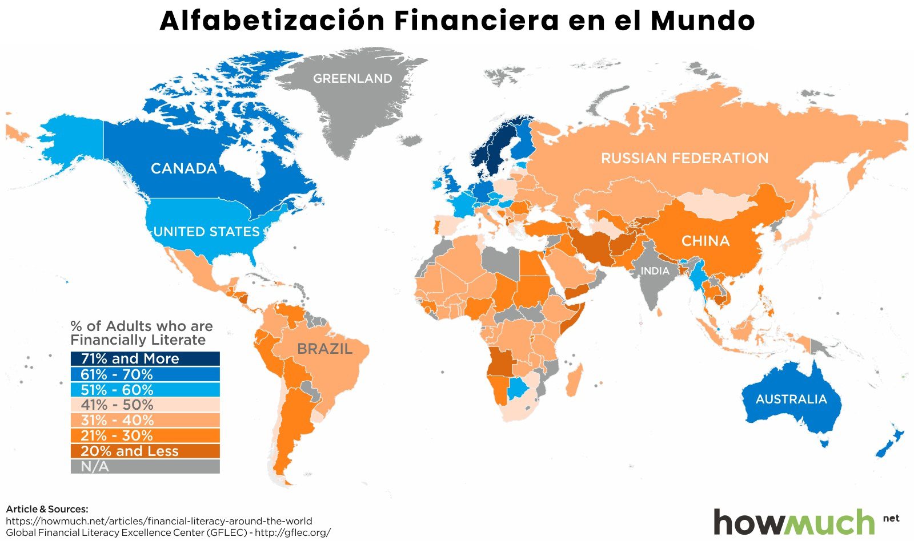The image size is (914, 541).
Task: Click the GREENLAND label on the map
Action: (x=352, y=79)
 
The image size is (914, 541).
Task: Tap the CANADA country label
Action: (x=183, y=168)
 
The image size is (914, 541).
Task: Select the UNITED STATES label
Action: (x=207, y=232)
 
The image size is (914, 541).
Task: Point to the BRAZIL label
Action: (x=324, y=349)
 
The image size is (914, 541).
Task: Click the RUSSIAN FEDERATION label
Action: (x=684, y=158)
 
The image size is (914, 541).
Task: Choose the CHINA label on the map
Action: (x=705, y=241)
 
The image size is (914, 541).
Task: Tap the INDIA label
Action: (x=655, y=271)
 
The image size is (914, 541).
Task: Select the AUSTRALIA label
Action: (x=791, y=399)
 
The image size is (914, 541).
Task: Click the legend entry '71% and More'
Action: (x=145, y=358)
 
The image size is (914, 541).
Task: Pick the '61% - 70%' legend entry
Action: (x=145, y=374)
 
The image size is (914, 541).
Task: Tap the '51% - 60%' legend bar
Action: (x=145, y=390)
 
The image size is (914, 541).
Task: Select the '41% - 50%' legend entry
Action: (x=145, y=405)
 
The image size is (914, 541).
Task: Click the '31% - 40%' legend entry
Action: (x=145, y=420)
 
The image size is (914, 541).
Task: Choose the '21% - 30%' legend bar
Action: (x=145, y=435)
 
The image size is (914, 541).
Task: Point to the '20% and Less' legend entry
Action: (x=145, y=451)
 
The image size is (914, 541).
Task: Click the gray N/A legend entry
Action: (x=145, y=466)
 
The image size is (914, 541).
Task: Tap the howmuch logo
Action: (x=794, y=522)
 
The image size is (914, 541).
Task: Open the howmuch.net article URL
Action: (x=159, y=520)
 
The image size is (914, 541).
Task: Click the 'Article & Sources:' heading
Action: (x=47, y=508)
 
